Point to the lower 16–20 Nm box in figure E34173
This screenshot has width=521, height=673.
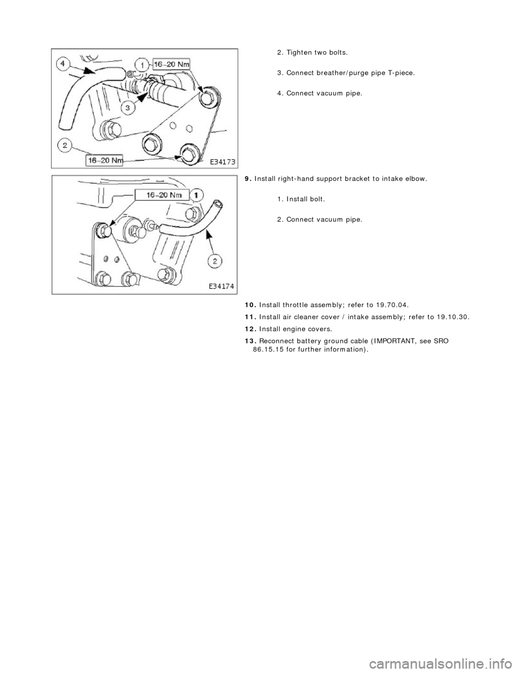point(111,160)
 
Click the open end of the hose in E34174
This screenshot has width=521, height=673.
point(218,205)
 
